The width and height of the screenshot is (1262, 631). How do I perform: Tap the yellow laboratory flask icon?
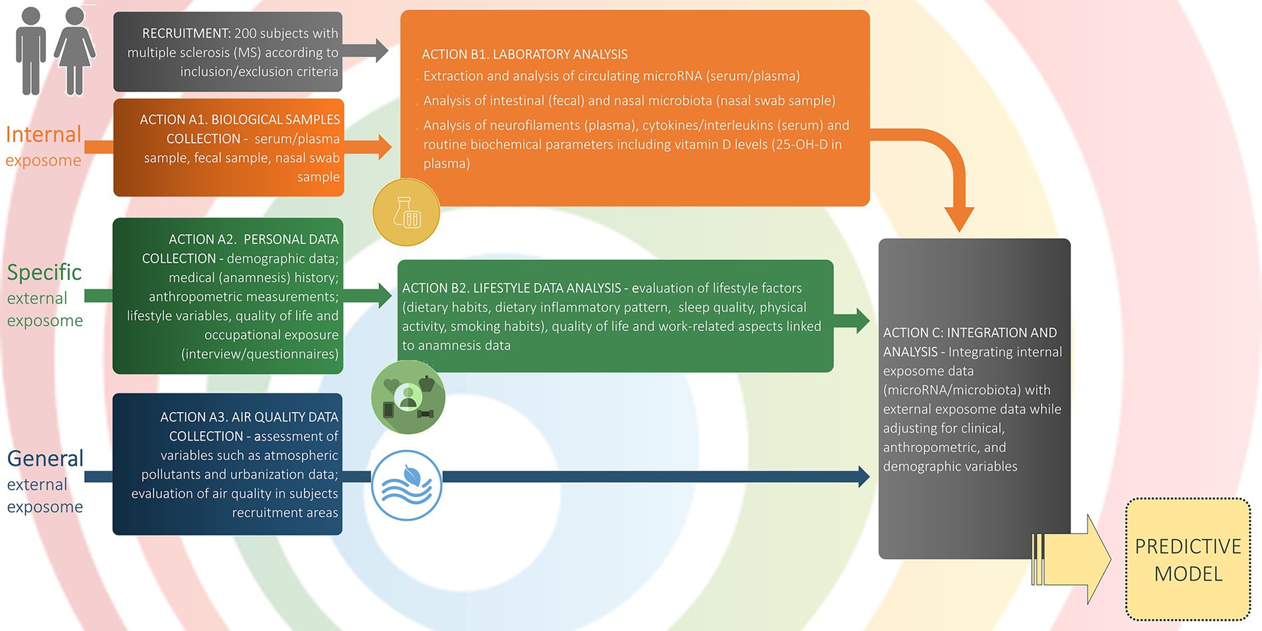tap(406, 212)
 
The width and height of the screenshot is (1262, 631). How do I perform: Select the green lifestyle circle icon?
tap(408, 397)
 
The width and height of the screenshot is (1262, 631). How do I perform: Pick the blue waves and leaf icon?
tap(406, 485)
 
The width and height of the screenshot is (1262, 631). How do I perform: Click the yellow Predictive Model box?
tap(1188, 559)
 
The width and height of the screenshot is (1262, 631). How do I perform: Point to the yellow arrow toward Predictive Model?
tap(1075, 559)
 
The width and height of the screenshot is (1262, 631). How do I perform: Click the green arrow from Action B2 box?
tap(852, 320)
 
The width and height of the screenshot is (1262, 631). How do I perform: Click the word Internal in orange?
tap(43, 135)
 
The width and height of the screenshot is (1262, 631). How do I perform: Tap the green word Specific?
tap(44, 272)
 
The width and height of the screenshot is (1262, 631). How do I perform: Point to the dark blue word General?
tap(45, 458)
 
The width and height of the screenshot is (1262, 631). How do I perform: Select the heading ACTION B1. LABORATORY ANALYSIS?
tap(524, 54)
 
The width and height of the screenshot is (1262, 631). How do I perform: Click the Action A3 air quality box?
tap(228, 464)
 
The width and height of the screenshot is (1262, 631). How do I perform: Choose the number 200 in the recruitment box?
tap(246, 33)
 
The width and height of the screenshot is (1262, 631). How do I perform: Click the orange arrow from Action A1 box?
tap(368, 147)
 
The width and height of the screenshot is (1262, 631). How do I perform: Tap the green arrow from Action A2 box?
tap(368, 295)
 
